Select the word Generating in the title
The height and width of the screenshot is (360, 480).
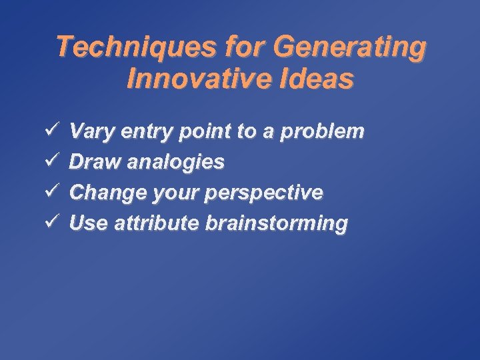pyautogui.click(x=349, y=48)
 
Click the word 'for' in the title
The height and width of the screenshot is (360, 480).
pyautogui.click(x=245, y=48)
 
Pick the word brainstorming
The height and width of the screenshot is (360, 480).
pyautogui.click(x=276, y=223)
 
